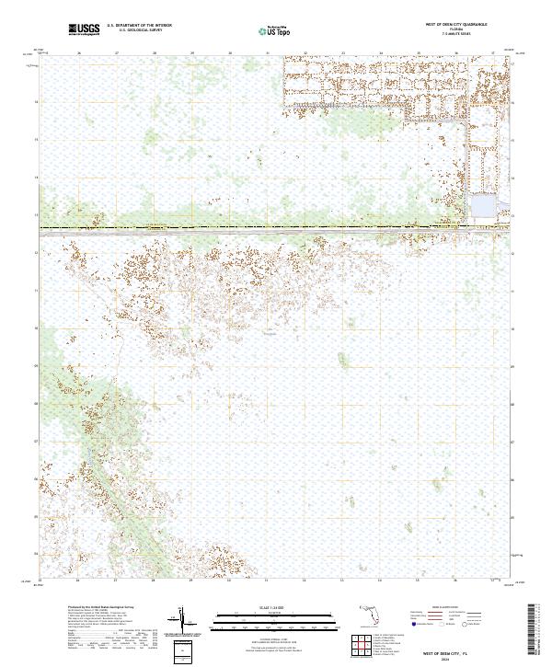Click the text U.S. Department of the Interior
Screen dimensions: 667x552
tap(139, 25)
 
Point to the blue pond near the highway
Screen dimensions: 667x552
tap(482, 207)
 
